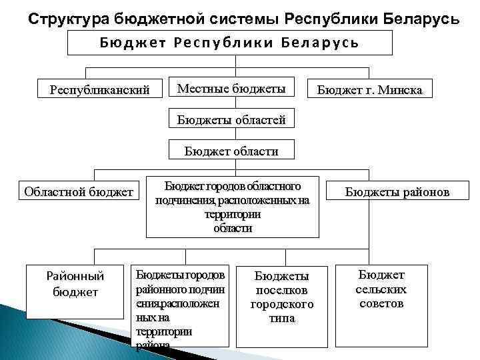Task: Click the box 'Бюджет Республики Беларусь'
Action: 230,43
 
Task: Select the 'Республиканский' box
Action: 101,89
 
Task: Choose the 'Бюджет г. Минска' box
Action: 369,89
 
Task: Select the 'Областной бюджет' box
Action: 79,193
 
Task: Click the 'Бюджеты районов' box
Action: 397,193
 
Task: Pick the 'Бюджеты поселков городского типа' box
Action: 282,297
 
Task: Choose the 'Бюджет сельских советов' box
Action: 381,289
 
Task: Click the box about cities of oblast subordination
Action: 233,206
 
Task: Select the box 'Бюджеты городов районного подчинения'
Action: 180,307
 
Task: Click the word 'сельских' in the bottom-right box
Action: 381,289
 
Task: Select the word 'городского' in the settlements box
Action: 282,305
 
